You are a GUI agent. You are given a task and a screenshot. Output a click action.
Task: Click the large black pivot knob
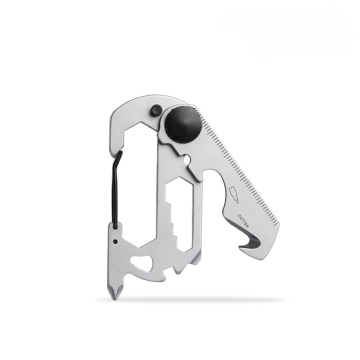pos(183,124)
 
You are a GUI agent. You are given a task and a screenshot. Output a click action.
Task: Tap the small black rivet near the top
pos(156,110)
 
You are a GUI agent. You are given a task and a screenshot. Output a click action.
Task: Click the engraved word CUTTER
pos(243,221)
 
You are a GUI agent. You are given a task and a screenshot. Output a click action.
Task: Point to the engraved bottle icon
pos(234,194)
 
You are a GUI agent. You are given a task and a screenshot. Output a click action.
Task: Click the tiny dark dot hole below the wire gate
pos(115,241)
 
